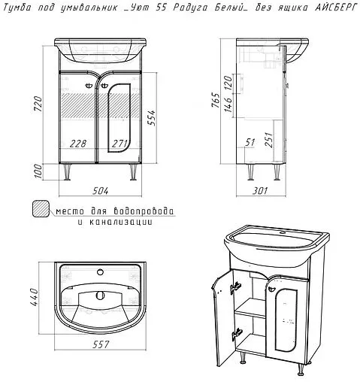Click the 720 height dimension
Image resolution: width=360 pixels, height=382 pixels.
click(x=38, y=104)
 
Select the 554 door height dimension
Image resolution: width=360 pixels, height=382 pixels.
click(x=151, y=118)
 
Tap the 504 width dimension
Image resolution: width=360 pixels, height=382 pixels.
click(x=101, y=191)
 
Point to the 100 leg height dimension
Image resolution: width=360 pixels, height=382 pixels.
click(x=38, y=171)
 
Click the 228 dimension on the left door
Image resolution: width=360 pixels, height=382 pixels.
click(x=78, y=144)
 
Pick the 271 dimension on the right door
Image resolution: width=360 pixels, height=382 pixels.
click(x=119, y=144)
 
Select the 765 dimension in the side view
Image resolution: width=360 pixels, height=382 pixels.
click(x=216, y=100)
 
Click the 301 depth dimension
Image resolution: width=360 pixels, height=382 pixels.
click(x=260, y=191)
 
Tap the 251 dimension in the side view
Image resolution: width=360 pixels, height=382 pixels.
click(x=268, y=140)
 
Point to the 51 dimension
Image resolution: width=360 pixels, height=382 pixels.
click(x=250, y=142)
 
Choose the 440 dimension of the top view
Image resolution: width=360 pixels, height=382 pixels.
click(x=34, y=297)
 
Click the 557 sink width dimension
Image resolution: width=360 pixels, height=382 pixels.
click(x=101, y=344)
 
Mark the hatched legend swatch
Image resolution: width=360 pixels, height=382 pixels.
click(x=41, y=208)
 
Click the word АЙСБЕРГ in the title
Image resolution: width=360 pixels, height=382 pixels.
click(x=335, y=8)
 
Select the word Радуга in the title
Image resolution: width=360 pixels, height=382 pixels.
click(x=190, y=8)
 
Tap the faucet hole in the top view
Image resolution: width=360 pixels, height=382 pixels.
click(x=100, y=272)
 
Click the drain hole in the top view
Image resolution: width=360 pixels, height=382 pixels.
click(x=100, y=296)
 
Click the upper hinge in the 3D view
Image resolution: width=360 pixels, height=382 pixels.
click(x=236, y=286)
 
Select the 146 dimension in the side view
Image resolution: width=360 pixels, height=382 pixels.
click(x=228, y=105)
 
